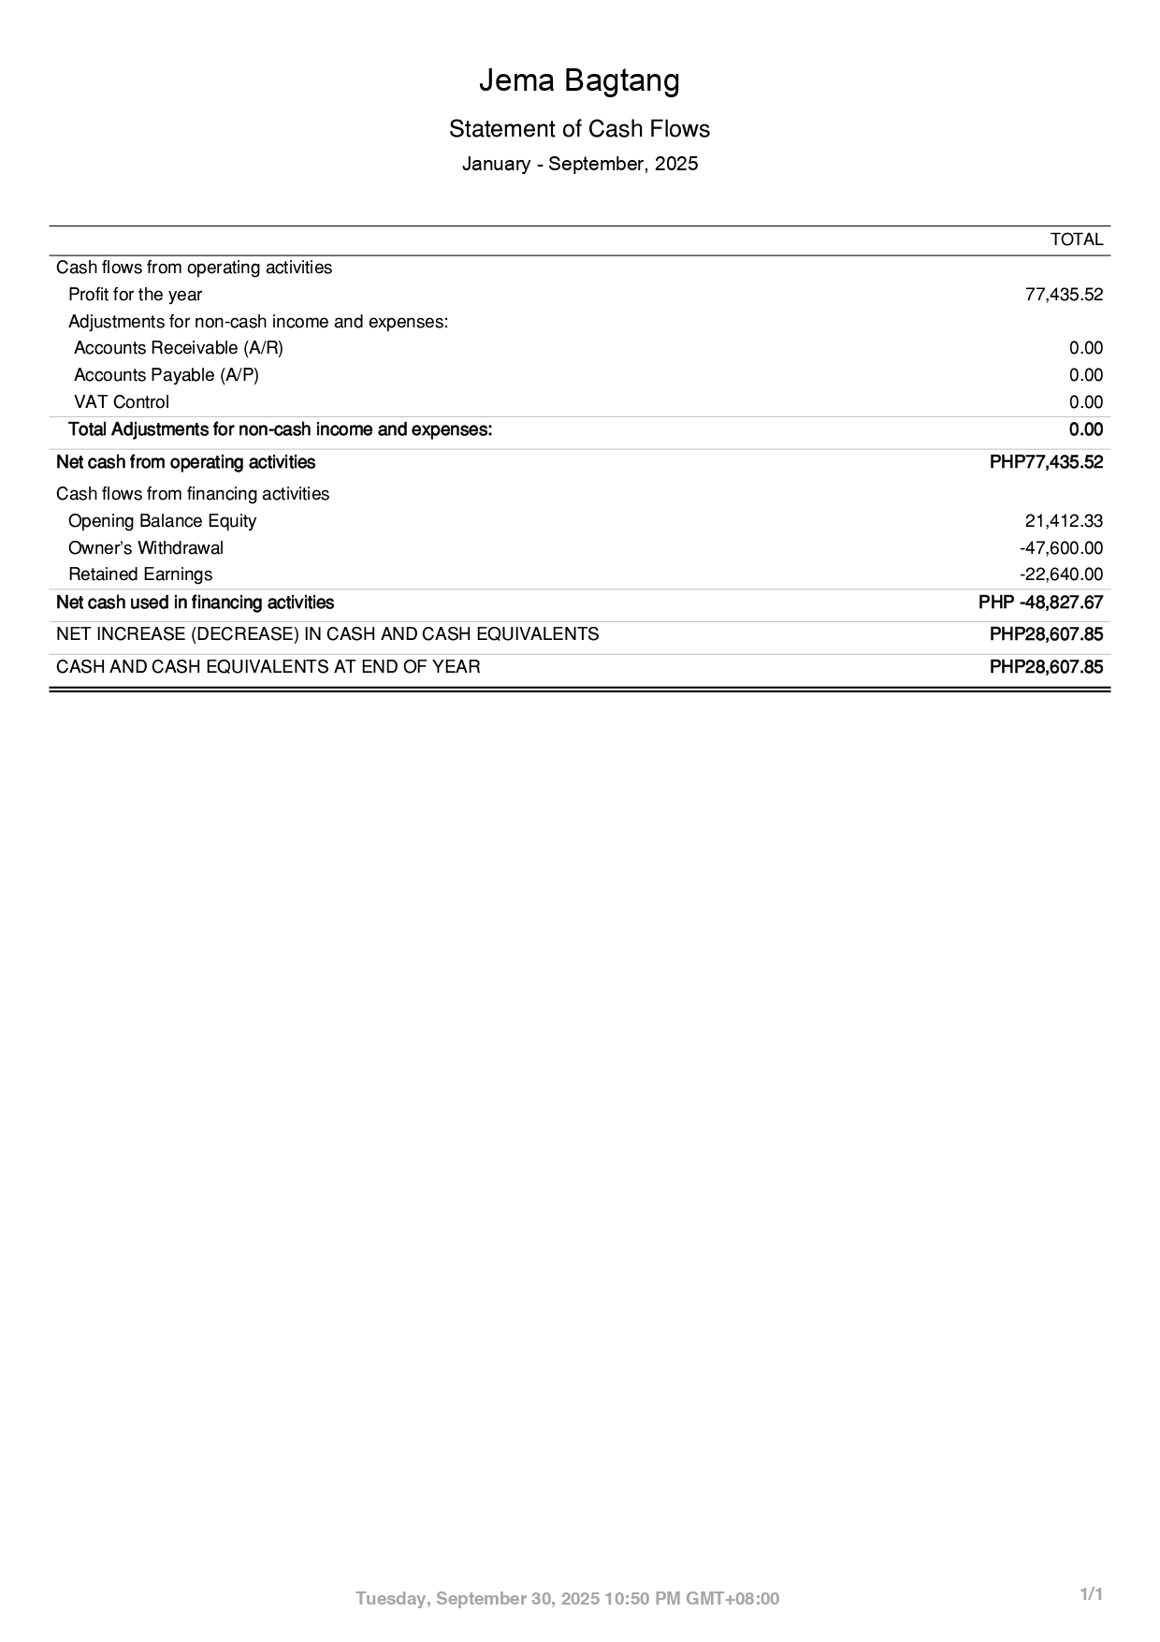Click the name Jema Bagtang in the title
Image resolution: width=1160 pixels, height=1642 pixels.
[x=579, y=81]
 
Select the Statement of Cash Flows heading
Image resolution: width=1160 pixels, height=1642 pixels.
[x=579, y=129]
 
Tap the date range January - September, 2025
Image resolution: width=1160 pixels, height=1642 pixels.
[x=579, y=165]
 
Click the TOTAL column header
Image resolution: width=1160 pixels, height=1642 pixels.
[x=1076, y=240]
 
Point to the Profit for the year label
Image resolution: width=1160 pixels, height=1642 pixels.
[x=135, y=295]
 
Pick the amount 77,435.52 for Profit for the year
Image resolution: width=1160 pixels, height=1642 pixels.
[x=1064, y=295]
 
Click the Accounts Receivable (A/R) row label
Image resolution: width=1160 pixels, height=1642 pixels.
[x=178, y=348]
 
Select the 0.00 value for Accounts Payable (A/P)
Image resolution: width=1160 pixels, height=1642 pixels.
[x=1085, y=375]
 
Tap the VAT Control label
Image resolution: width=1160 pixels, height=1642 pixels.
[x=122, y=402]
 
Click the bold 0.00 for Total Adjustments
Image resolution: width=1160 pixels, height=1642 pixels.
[x=1085, y=430]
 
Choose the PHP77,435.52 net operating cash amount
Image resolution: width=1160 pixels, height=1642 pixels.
[x=1046, y=462]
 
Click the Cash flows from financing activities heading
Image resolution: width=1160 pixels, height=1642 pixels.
[x=193, y=494]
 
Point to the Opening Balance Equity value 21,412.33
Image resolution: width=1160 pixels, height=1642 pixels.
[x=1064, y=521]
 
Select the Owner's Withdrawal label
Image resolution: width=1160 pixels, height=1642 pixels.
[x=146, y=548]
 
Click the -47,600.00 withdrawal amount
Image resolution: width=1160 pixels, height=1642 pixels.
[x=1061, y=548]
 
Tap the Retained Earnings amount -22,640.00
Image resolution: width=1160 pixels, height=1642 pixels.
[x=1061, y=574]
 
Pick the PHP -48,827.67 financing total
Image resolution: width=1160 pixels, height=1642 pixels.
[x=1040, y=603]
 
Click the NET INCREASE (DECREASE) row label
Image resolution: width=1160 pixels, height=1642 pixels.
[x=327, y=634]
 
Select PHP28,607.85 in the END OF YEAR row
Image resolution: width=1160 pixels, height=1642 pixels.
[x=1046, y=667]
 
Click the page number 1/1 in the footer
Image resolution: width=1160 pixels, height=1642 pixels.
[x=1092, y=1594]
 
